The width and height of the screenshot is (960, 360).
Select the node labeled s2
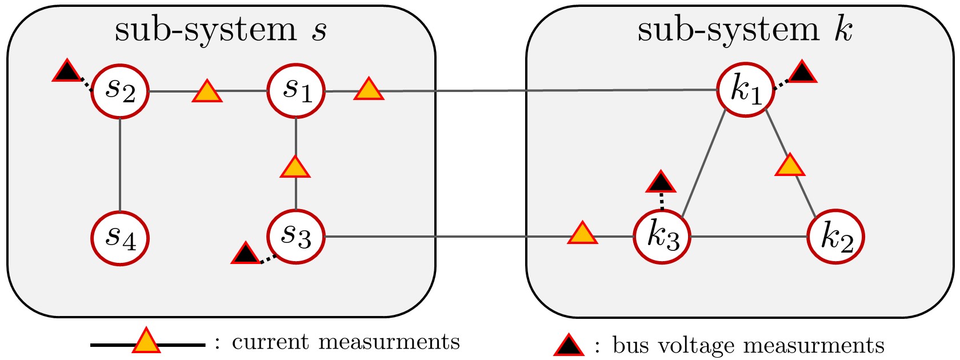(120, 91)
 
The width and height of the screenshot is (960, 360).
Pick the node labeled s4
(120, 238)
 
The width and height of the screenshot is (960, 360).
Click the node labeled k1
(746, 90)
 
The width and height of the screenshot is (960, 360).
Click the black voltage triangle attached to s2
(67, 71)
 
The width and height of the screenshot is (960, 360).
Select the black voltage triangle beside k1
(802, 73)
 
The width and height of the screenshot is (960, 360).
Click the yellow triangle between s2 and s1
(207, 92)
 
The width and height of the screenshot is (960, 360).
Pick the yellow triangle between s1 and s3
(295, 167)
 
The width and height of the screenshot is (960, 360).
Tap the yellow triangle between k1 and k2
(790, 166)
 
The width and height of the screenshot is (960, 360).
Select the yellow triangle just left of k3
(582, 234)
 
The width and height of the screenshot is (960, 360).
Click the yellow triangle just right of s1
(369, 90)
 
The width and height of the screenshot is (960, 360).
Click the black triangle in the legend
(569, 346)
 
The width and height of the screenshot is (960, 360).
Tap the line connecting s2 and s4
(120, 165)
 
